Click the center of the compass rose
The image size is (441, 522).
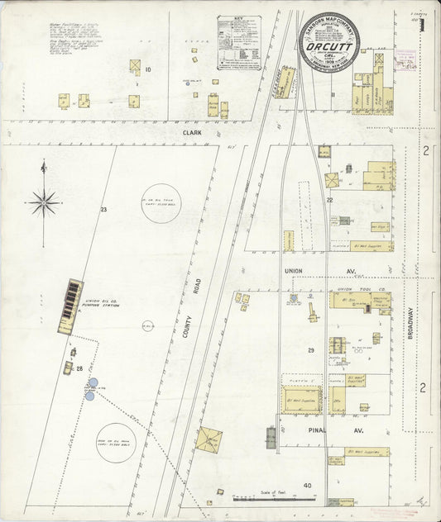(45, 201)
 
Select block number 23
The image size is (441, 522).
(104, 210)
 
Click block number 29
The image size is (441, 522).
(311, 351)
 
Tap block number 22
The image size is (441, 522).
(329, 201)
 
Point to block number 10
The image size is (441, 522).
(148, 69)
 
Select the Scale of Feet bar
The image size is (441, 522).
(274, 499)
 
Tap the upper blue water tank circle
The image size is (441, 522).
(93, 383)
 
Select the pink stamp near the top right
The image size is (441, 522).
(407, 58)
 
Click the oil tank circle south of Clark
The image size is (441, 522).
(162, 199)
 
